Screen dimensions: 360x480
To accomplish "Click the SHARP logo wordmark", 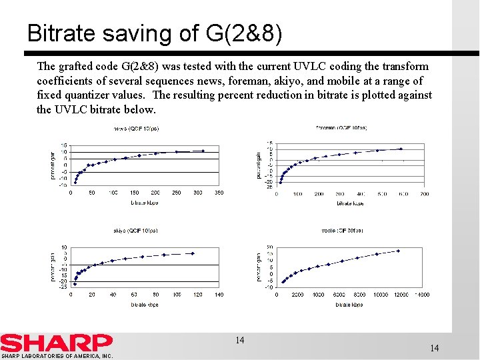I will tap(56, 343).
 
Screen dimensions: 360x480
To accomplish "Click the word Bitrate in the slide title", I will tap(63, 33).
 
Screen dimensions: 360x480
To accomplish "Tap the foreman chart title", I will tap(341, 127).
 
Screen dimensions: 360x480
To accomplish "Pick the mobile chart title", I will tap(341, 231).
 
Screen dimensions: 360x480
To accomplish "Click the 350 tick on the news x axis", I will tap(219, 193).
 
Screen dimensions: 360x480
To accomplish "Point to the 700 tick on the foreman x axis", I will tap(424, 194).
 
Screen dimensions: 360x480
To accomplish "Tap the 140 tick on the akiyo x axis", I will tap(219, 294).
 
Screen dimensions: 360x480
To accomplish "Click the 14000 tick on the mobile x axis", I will tap(423, 294).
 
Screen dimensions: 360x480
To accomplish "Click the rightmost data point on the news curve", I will tap(203, 151).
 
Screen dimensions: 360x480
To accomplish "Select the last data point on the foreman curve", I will tap(401, 149).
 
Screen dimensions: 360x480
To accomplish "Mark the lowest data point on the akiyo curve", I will tap(75, 283).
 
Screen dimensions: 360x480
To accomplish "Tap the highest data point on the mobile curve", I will tap(398, 251).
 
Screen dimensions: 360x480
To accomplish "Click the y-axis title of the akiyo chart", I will tap(54, 266).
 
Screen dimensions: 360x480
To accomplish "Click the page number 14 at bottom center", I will tap(239, 341).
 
